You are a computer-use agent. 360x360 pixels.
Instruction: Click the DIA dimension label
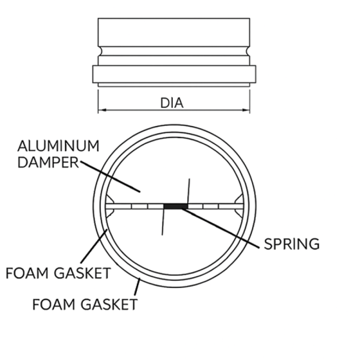172,103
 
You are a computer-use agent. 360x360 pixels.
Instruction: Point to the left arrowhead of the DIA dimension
101,109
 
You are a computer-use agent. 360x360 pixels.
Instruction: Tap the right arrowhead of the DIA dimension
247,109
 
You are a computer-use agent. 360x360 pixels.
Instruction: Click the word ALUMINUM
58,146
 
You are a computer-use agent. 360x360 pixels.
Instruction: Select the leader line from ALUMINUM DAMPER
110,177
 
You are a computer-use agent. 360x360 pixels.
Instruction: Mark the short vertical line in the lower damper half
162,223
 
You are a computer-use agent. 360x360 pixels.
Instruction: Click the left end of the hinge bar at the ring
108,206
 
